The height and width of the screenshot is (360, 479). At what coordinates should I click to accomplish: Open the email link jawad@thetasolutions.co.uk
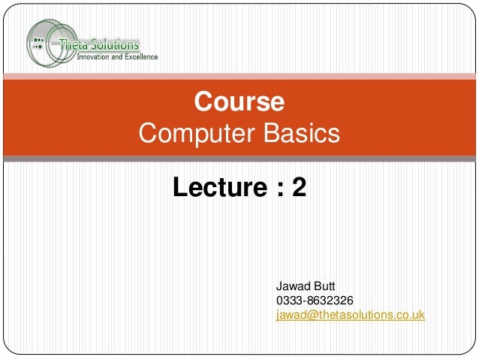tap(351, 315)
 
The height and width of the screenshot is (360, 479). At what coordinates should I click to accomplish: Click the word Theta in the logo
tap(86, 43)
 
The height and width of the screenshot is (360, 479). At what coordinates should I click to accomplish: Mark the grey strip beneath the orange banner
tap(239, 159)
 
